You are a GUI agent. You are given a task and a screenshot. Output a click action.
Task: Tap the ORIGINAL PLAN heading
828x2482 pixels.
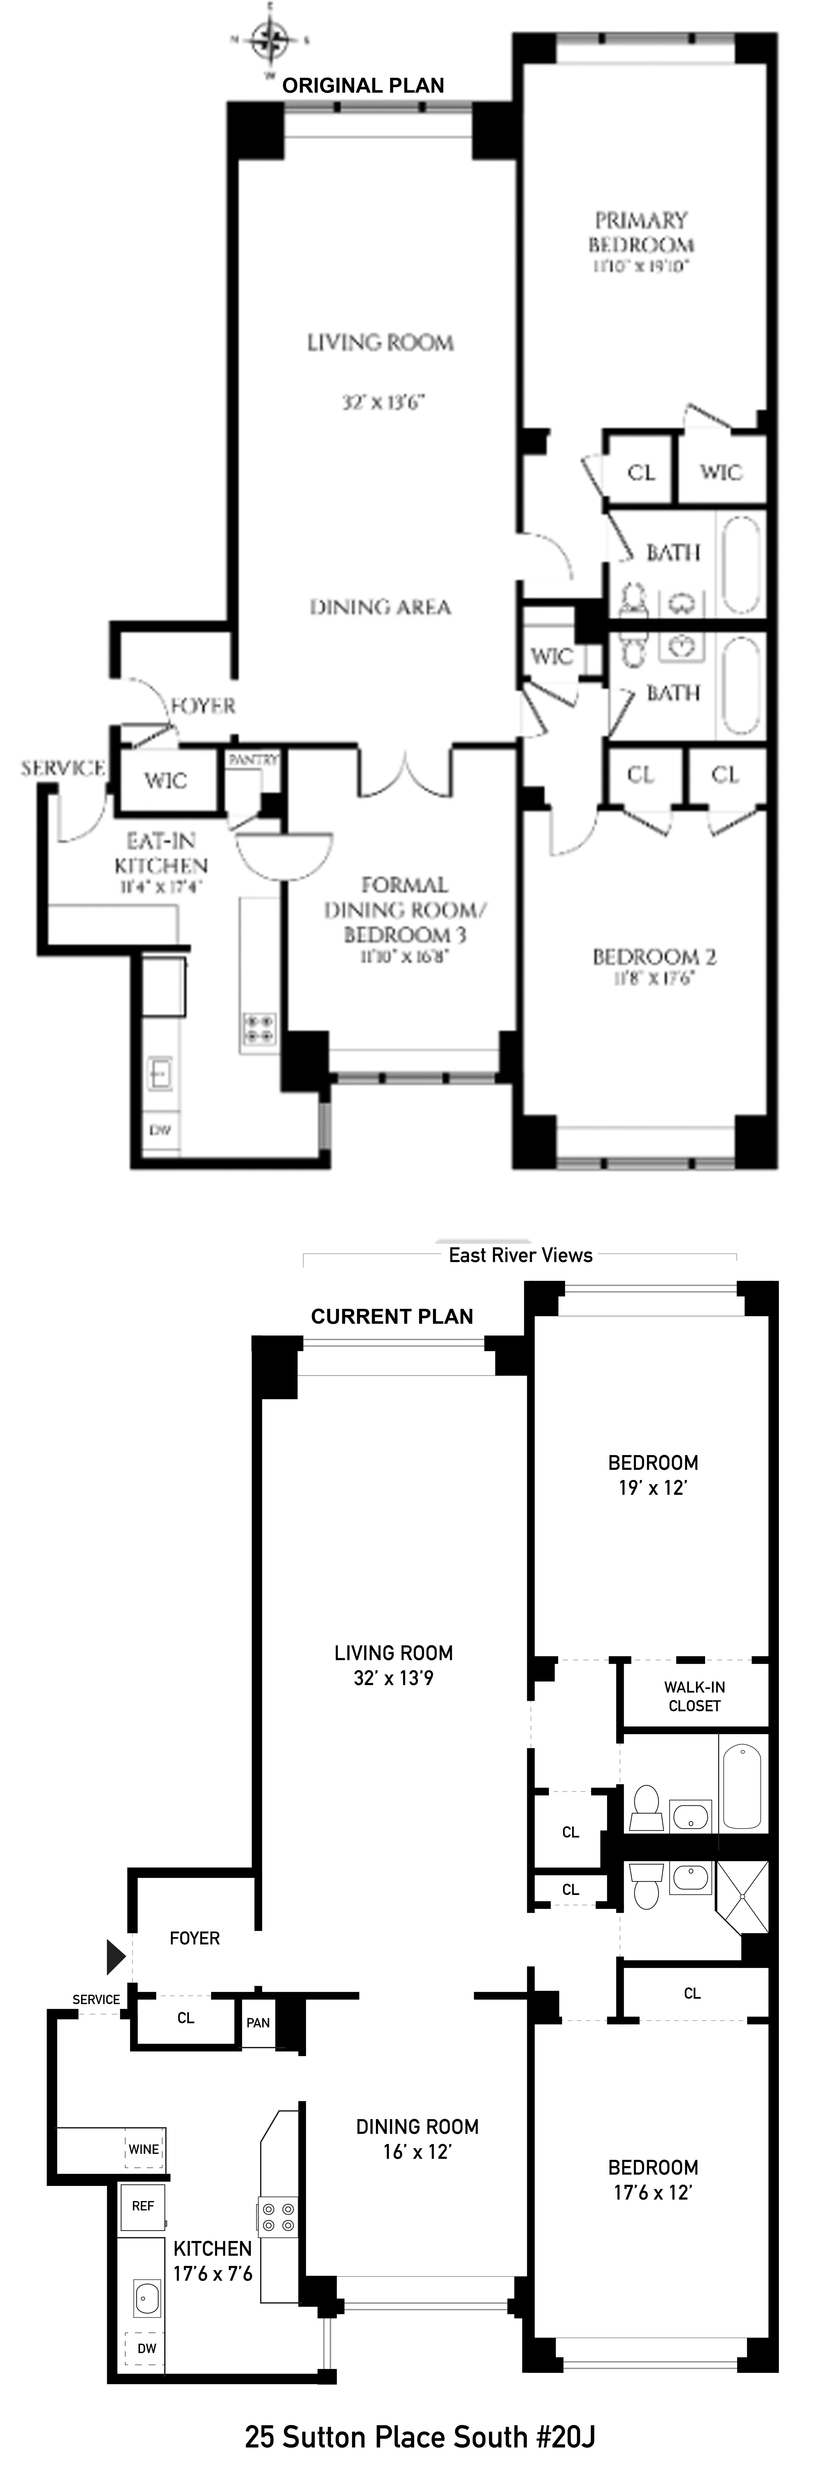[x=363, y=86]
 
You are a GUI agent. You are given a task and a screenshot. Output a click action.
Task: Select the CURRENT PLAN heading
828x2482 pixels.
[x=391, y=1316]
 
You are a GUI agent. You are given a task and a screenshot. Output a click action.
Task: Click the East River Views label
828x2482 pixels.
[x=521, y=1255]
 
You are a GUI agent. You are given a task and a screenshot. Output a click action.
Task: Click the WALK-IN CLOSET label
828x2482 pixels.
[x=694, y=1696]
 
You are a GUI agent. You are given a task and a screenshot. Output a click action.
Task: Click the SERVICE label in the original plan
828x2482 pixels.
[x=63, y=768]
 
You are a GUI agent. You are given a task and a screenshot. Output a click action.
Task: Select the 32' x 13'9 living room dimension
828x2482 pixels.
[x=393, y=1678]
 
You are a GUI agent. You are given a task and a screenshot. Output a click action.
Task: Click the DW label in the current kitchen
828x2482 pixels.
[x=147, y=2348]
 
